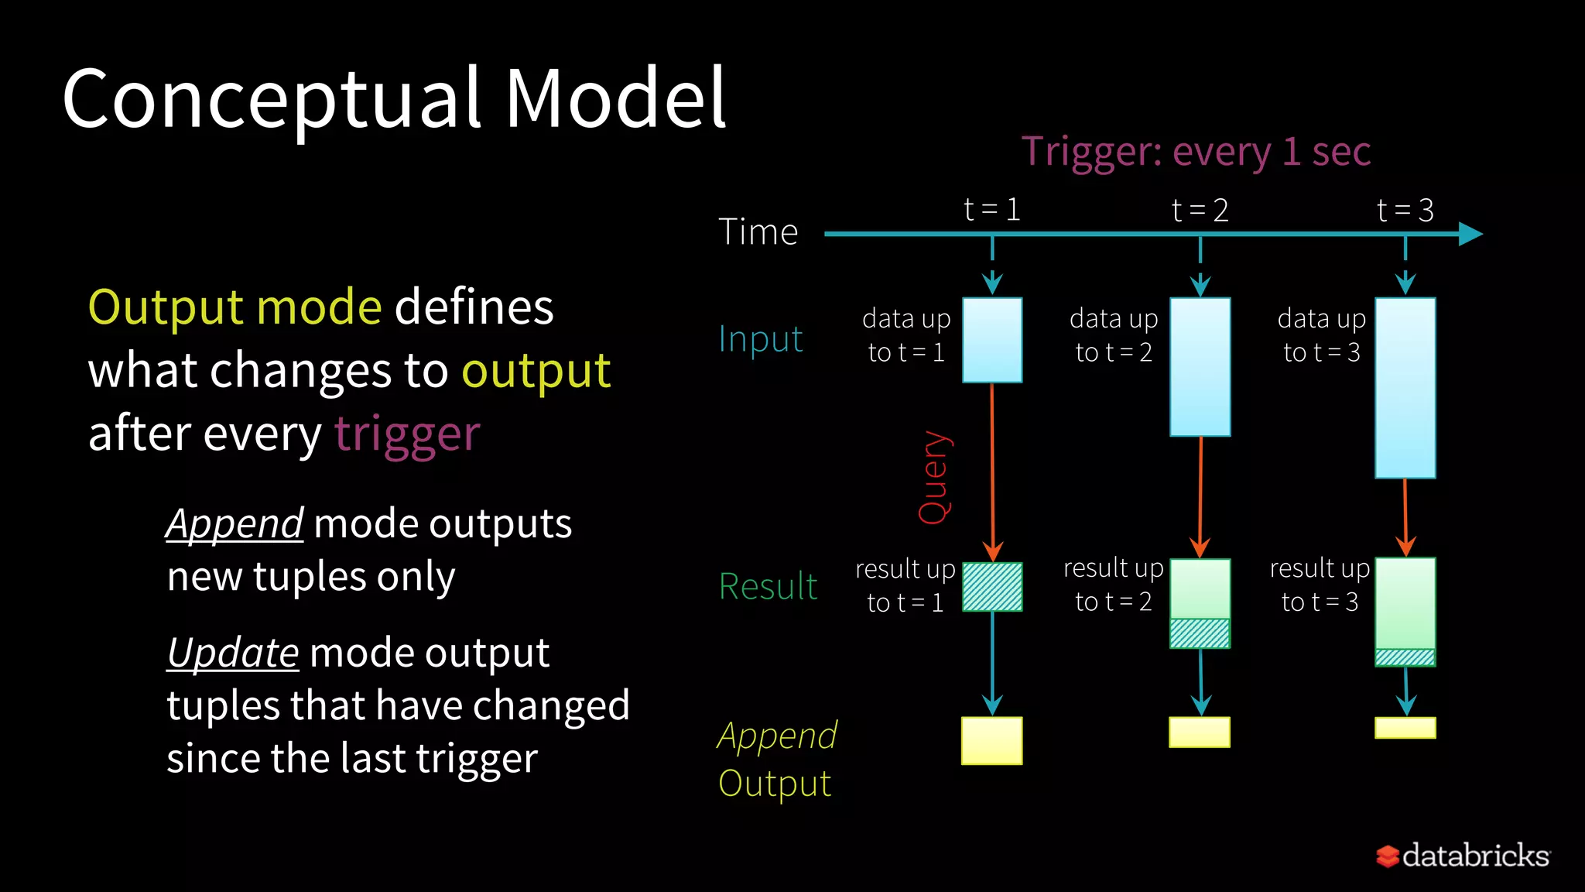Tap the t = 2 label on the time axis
(x=1200, y=210)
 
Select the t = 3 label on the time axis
(x=1405, y=210)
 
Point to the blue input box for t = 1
(x=992, y=340)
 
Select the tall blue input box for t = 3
(x=1405, y=387)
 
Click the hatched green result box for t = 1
(x=992, y=587)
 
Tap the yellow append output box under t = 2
(x=1200, y=732)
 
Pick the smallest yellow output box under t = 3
(x=1405, y=728)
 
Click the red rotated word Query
(x=934, y=478)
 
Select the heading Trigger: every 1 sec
(x=1196, y=151)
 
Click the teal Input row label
(x=760, y=339)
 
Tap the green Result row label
(x=767, y=586)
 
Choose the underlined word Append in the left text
(x=234, y=524)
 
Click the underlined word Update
(x=233, y=653)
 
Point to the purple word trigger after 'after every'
(x=407, y=434)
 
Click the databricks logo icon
(x=1387, y=856)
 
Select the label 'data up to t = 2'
(x=1114, y=335)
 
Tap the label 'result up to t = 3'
(x=1320, y=585)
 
